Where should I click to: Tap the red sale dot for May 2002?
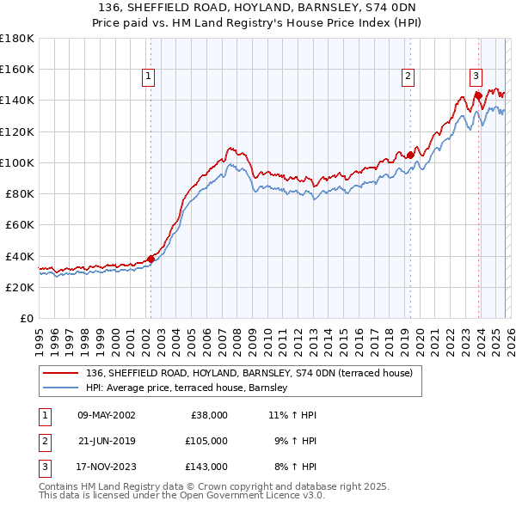pos(150,259)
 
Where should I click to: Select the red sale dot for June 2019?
pos(411,155)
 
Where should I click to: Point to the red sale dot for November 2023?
pos(478,95)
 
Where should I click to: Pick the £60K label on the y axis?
pos(20,225)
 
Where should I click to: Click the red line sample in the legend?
pos(60,373)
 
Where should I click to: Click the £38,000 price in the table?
pos(206,415)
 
